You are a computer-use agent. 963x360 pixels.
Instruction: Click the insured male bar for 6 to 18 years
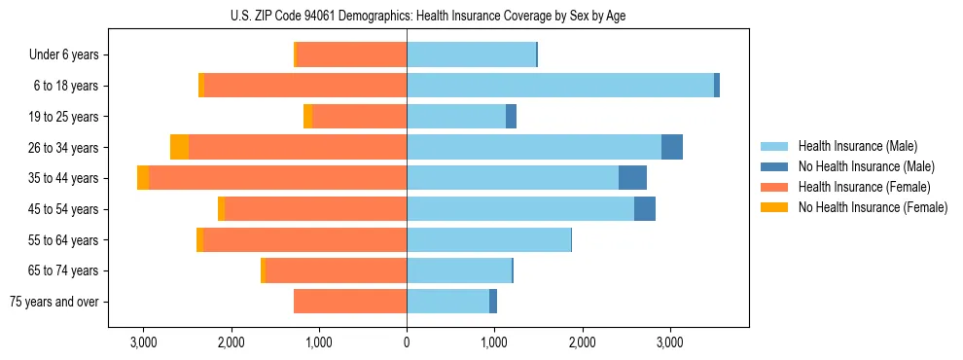[x=559, y=86]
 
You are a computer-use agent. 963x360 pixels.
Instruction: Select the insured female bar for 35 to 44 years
[x=277, y=178]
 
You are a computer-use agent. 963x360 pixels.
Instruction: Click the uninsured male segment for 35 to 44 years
[x=632, y=178]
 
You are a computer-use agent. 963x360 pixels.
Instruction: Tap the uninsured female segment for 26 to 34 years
[x=179, y=147]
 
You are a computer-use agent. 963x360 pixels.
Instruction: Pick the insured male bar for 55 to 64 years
[x=488, y=239]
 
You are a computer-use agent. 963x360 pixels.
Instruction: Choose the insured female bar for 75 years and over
[x=350, y=302]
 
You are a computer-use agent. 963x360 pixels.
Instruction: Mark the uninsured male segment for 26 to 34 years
[x=672, y=147]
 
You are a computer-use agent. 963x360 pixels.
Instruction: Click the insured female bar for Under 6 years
[x=351, y=54]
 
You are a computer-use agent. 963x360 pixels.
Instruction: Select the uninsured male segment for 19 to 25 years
[x=511, y=117]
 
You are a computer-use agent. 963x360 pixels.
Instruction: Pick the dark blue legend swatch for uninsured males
[x=774, y=166]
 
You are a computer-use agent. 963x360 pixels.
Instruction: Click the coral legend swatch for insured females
[x=774, y=187]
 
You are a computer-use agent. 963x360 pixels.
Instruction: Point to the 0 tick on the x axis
[x=407, y=342]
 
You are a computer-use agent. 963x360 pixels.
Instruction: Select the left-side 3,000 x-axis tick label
[x=143, y=342]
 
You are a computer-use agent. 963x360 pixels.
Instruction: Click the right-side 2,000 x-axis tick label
[x=582, y=342]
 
